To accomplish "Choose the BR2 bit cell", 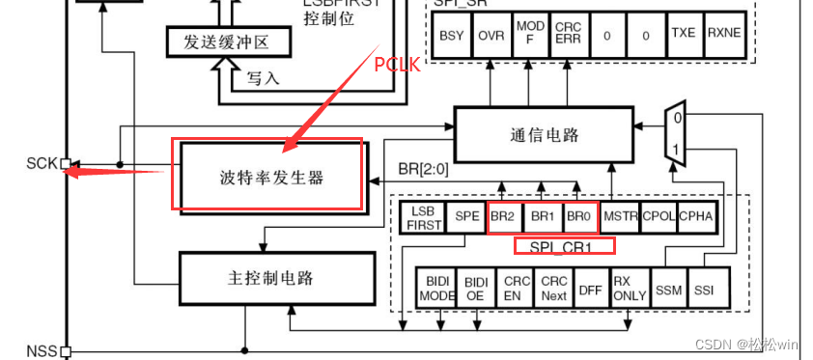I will (x=502, y=216).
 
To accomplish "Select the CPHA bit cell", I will (x=696, y=216).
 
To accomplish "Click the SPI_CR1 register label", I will (x=564, y=246).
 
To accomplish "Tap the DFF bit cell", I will (x=589, y=288).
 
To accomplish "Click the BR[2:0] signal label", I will (x=425, y=170).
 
